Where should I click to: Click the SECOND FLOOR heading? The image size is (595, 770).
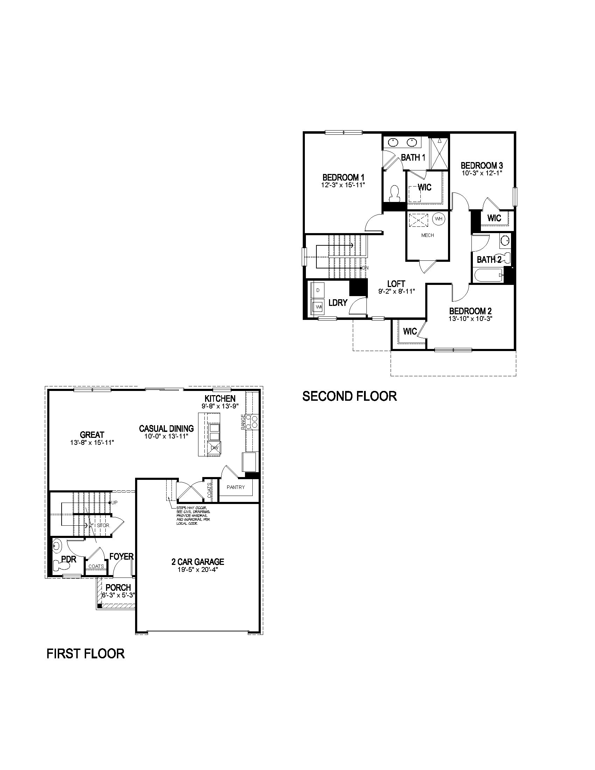[349, 396]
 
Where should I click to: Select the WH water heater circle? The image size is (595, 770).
[439, 219]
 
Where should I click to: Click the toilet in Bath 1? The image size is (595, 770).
[394, 193]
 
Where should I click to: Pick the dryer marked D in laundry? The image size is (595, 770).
[318, 290]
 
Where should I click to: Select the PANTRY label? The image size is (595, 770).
[236, 487]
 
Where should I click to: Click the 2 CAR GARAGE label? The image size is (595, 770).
[198, 562]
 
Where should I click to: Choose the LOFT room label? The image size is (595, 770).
[396, 284]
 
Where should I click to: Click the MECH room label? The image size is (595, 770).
[428, 235]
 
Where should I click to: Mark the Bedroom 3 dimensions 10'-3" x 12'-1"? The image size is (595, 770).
[482, 173]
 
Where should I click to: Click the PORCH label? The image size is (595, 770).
[118, 588]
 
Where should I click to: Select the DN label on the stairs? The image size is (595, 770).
[365, 268]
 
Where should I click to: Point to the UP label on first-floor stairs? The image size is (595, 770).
[114, 502]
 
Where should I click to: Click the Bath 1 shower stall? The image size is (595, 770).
[439, 154]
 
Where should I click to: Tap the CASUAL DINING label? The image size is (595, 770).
[166, 429]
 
